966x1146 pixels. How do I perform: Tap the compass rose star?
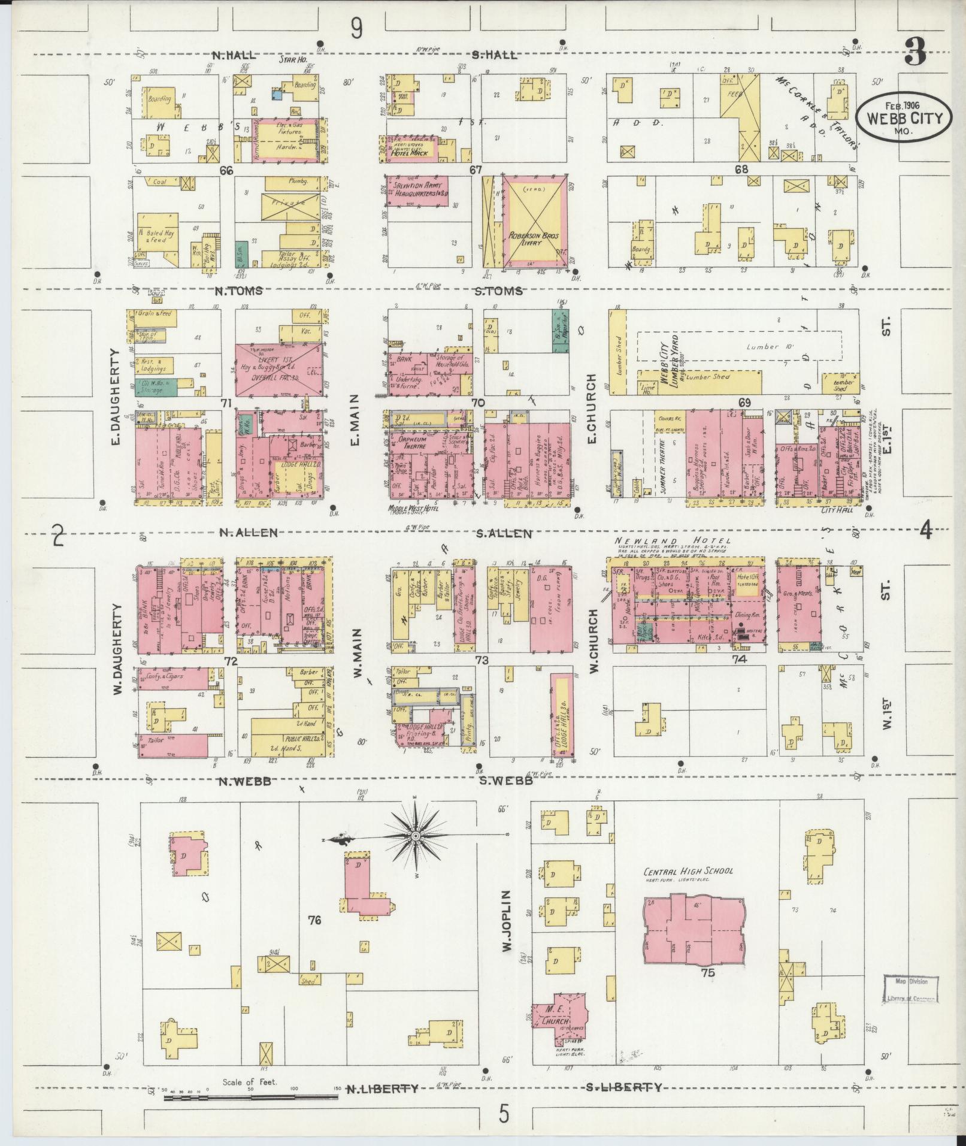[414, 835]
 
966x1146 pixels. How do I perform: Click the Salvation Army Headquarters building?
[417, 191]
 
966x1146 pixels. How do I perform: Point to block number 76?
[314, 919]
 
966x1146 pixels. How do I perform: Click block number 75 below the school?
[708, 973]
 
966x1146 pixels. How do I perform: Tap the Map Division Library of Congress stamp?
[910, 990]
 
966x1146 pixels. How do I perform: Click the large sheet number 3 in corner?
[915, 52]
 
